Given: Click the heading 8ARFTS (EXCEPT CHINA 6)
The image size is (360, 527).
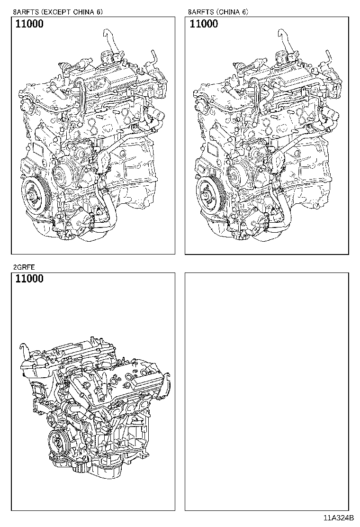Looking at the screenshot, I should [x=58, y=11].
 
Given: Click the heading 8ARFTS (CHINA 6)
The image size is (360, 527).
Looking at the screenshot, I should [x=218, y=11].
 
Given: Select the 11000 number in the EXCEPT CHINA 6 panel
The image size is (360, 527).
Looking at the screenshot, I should [x=29, y=24].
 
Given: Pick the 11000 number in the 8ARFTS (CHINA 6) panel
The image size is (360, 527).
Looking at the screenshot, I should [x=204, y=24].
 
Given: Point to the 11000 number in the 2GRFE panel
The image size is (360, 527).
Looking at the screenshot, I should [x=29, y=279].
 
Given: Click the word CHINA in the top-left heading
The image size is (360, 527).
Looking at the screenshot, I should [x=85, y=11].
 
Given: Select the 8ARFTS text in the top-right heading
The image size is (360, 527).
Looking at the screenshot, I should [x=199, y=11].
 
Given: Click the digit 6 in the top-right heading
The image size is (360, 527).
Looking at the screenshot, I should [x=244, y=11].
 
